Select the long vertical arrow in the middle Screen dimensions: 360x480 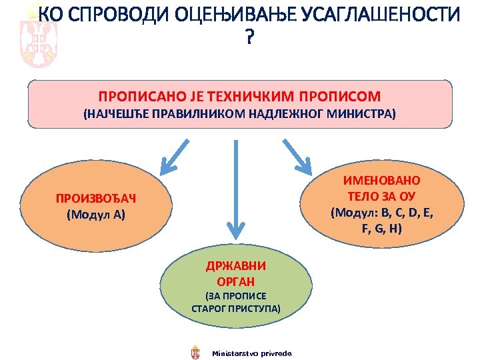234,190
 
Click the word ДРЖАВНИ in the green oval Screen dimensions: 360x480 235,265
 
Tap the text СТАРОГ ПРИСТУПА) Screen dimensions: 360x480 235,309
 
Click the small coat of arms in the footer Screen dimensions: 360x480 195,351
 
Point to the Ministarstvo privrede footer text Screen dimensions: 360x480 251,352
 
